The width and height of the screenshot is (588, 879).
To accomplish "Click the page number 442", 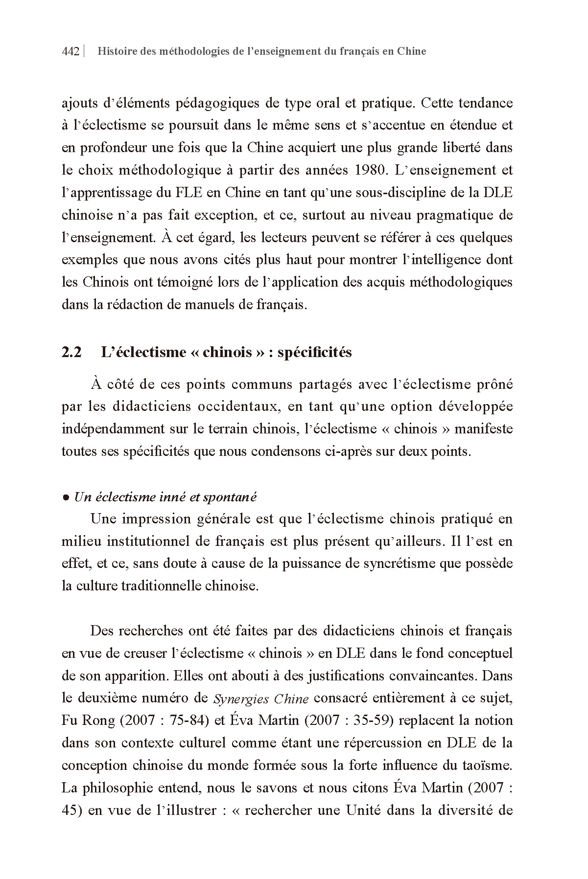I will click(71, 51).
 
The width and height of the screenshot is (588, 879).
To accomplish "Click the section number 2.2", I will click(71, 352).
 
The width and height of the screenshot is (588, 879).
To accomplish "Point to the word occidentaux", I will click(237, 406).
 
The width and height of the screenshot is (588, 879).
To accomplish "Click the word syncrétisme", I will click(400, 563).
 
